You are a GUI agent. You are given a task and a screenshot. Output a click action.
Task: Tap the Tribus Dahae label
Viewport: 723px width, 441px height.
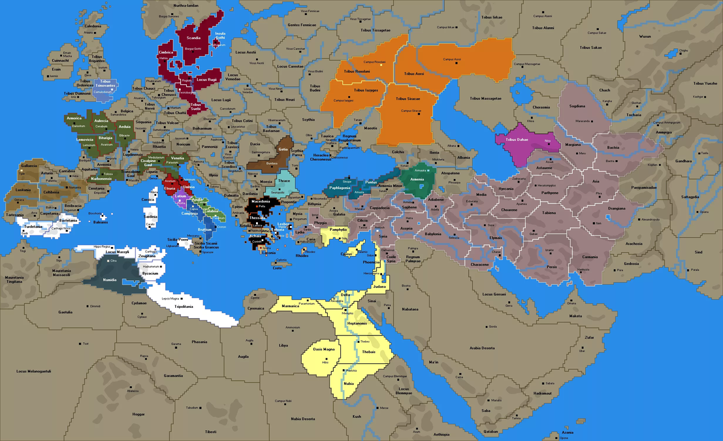(521, 140)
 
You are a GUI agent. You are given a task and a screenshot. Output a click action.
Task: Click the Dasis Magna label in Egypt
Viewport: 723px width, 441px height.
(324, 349)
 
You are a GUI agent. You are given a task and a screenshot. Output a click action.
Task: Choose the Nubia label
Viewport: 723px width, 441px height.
(349, 384)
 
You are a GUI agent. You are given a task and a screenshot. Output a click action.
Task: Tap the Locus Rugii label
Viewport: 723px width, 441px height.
(207, 80)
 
